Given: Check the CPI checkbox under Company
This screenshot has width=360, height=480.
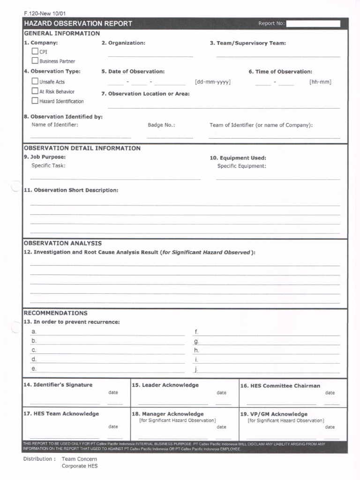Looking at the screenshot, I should click(x=35, y=52).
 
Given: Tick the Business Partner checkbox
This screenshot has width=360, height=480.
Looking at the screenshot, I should click(x=35, y=60).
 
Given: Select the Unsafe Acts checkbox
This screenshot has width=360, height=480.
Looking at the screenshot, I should click(x=35, y=81).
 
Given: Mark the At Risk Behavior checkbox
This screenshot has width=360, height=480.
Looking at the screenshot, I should click(x=35, y=91).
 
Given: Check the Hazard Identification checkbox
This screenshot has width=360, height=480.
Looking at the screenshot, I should click(x=35, y=101).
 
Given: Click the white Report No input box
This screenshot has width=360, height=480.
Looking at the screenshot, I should click(x=313, y=24).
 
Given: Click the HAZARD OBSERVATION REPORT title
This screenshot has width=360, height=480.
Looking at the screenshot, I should click(x=78, y=24).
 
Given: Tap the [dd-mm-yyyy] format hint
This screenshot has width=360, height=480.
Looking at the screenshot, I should click(x=212, y=82).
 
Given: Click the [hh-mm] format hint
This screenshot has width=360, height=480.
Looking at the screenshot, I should click(x=320, y=82).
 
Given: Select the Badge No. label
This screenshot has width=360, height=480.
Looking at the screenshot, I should click(x=161, y=125).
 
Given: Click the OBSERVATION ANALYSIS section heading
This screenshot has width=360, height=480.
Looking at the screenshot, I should click(x=62, y=243).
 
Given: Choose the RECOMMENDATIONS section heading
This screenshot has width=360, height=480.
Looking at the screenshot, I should click(x=55, y=313).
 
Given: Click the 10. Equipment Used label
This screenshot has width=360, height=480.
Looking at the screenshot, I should click(x=238, y=158).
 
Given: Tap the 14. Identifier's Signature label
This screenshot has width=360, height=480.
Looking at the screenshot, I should click(x=58, y=385).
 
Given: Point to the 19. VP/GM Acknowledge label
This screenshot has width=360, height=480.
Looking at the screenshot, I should click(x=274, y=414).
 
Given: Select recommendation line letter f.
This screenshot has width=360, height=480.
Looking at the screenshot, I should click(x=196, y=332).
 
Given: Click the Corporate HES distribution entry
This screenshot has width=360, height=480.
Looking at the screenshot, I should click(x=80, y=466).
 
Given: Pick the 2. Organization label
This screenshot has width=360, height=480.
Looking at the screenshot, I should click(x=123, y=43).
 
